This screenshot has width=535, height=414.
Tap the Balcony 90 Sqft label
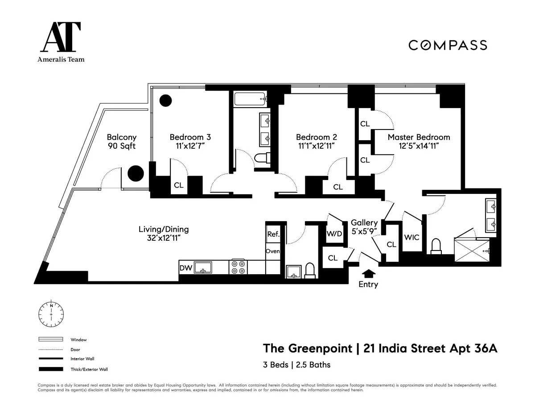pos(122,142)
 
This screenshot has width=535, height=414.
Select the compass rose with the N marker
pos(52,314)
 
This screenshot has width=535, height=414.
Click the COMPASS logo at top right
pos(448,45)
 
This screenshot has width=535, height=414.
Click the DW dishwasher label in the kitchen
pos(185,268)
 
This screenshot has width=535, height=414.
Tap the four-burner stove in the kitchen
pos(238,267)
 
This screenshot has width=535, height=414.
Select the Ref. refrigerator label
pos(273,234)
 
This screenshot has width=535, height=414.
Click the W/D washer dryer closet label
pos(334,233)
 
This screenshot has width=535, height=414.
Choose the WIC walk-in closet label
pos(412,237)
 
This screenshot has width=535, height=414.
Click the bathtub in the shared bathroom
pos(251,99)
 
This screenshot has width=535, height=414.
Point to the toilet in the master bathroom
pos(436,246)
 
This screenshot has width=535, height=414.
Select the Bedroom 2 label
pos(316,137)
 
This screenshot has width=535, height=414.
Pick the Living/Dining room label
pos(164,229)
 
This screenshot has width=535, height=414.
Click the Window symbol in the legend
pos(52,339)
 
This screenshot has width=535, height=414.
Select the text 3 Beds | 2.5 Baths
pos(296,365)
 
